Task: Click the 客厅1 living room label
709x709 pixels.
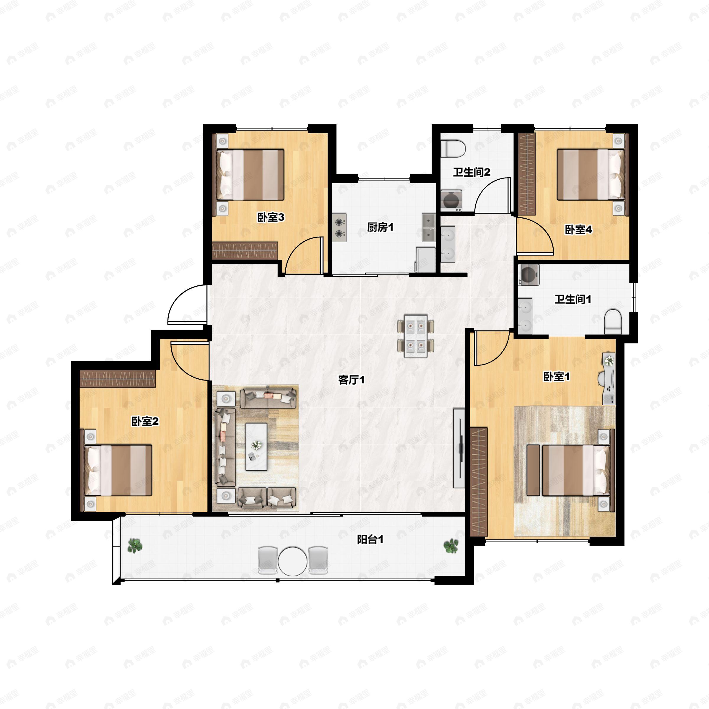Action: (x=351, y=380)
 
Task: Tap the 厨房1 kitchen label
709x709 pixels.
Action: (x=380, y=227)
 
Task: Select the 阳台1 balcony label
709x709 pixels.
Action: (x=370, y=539)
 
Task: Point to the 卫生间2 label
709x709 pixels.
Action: (x=471, y=172)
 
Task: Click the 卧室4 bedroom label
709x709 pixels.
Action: (x=578, y=230)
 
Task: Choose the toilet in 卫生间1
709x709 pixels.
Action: (x=613, y=322)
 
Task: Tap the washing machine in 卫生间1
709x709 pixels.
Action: (x=529, y=275)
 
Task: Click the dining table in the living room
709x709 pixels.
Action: (x=416, y=336)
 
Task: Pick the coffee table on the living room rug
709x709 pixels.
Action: (x=256, y=447)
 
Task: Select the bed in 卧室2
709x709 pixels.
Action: (x=118, y=471)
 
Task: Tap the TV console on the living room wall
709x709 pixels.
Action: (x=459, y=448)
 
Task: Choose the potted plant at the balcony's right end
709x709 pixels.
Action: (x=451, y=547)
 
